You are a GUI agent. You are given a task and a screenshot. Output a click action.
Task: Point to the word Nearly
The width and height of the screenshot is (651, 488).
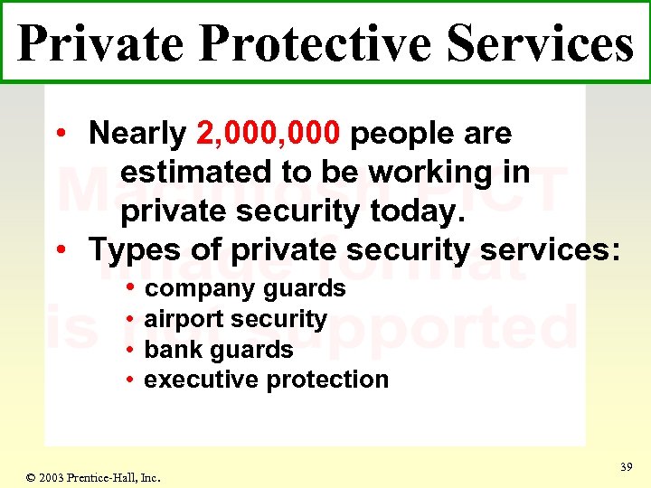[x=137, y=134]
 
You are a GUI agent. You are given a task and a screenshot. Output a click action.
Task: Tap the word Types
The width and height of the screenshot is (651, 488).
[x=134, y=249]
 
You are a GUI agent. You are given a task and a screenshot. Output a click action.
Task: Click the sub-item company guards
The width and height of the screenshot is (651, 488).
[x=245, y=288]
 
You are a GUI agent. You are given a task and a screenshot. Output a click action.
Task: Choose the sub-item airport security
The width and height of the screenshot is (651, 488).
[x=235, y=319]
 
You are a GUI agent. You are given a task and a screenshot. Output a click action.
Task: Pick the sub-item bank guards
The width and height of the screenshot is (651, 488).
[x=219, y=350]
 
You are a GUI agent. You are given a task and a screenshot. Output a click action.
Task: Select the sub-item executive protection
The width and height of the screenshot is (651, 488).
[x=267, y=380]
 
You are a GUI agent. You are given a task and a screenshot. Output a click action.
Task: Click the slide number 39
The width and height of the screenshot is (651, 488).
[x=625, y=466]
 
